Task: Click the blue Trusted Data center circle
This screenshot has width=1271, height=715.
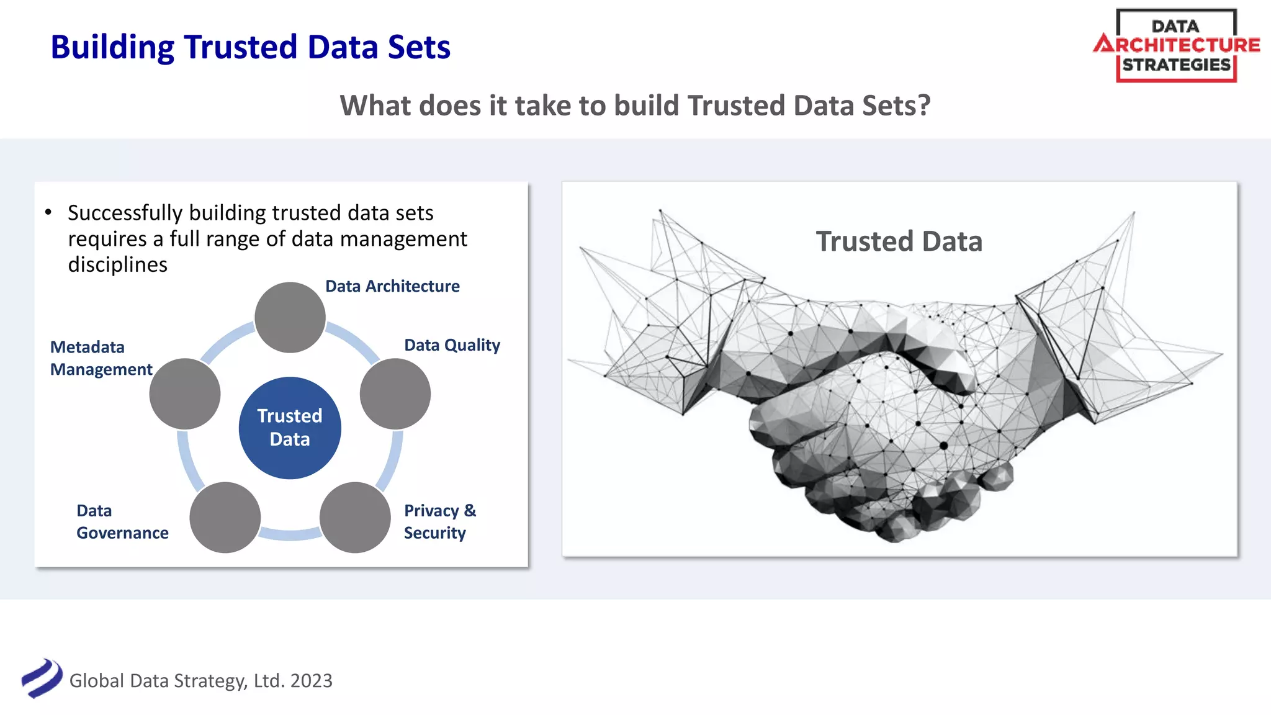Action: click(x=290, y=428)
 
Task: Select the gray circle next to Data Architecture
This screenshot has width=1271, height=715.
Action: click(x=290, y=317)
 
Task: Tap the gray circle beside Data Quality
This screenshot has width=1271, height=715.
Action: click(x=395, y=393)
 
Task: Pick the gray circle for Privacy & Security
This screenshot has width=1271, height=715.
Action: click(x=354, y=517)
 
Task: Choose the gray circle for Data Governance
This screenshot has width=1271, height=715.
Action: click(x=225, y=517)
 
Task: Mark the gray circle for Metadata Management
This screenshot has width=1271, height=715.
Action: click(x=185, y=393)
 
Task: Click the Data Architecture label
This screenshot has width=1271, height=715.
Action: click(x=392, y=286)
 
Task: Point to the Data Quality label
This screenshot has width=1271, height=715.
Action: click(x=452, y=345)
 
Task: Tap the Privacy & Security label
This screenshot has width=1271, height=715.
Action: click(x=439, y=521)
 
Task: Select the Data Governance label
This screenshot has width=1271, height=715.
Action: click(x=122, y=521)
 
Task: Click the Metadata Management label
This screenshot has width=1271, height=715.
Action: click(x=101, y=358)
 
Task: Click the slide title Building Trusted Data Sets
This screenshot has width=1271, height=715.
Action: click(x=250, y=47)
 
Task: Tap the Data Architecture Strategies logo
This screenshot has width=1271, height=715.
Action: click(x=1176, y=45)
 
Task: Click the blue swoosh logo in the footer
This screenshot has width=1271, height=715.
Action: click(x=42, y=678)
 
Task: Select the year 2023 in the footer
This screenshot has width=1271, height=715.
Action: click(x=311, y=681)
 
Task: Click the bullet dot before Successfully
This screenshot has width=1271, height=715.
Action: click(x=48, y=212)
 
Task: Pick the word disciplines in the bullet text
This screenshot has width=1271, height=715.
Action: click(x=117, y=264)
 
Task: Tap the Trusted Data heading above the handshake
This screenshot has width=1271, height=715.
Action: click(x=899, y=241)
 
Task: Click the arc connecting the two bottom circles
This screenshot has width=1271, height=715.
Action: click(x=290, y=533)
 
